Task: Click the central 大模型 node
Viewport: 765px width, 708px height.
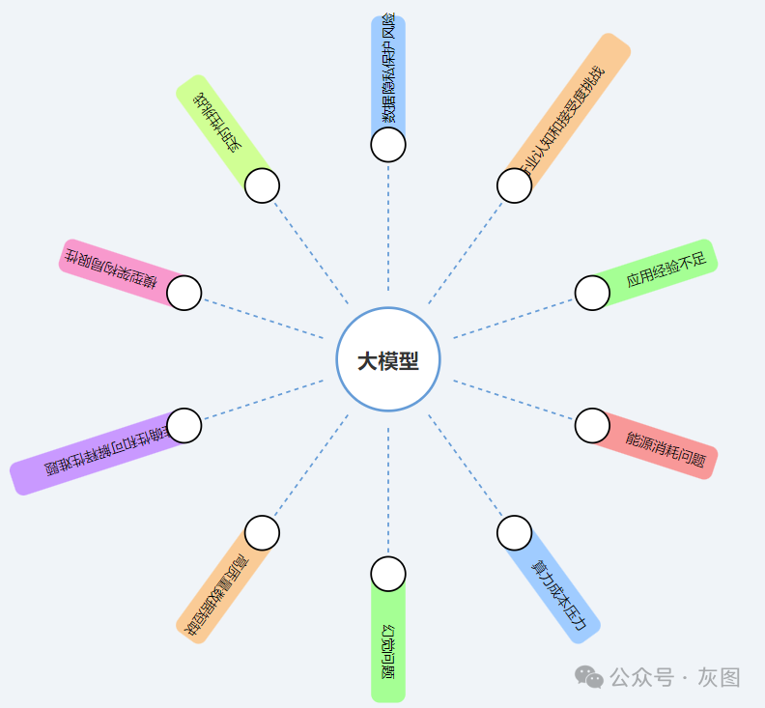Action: [x=388, y=359]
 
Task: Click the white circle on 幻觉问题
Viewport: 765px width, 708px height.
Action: [x=388, y=574]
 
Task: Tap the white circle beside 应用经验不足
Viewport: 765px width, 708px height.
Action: [x=592, y=293]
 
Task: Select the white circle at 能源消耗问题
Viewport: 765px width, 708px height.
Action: [x=592, y=425]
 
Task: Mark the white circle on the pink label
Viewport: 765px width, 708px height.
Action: [x=184, y=293]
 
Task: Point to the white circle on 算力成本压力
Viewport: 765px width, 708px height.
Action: [x=514, y=532]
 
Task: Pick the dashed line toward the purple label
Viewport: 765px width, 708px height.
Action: [x=261, y=400]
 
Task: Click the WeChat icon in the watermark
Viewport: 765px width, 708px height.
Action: [x=589, y=676]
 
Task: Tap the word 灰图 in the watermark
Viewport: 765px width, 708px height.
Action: [x=720, y=677]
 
